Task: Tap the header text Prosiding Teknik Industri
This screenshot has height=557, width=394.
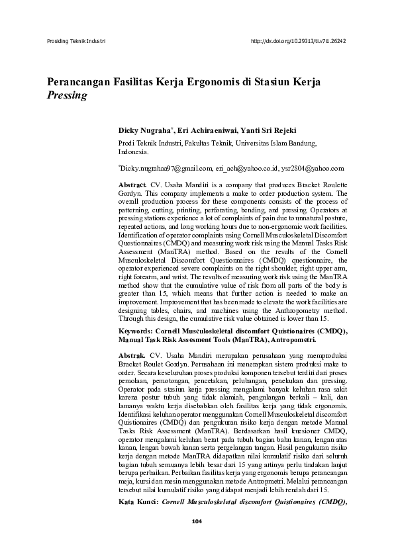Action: pyautogui.click(x=77, y=40)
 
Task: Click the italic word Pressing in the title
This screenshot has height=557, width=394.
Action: pyautogui.click(x=67, y=95)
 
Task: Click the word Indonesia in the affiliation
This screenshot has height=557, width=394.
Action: pyautogui.click(x=133, y=151)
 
